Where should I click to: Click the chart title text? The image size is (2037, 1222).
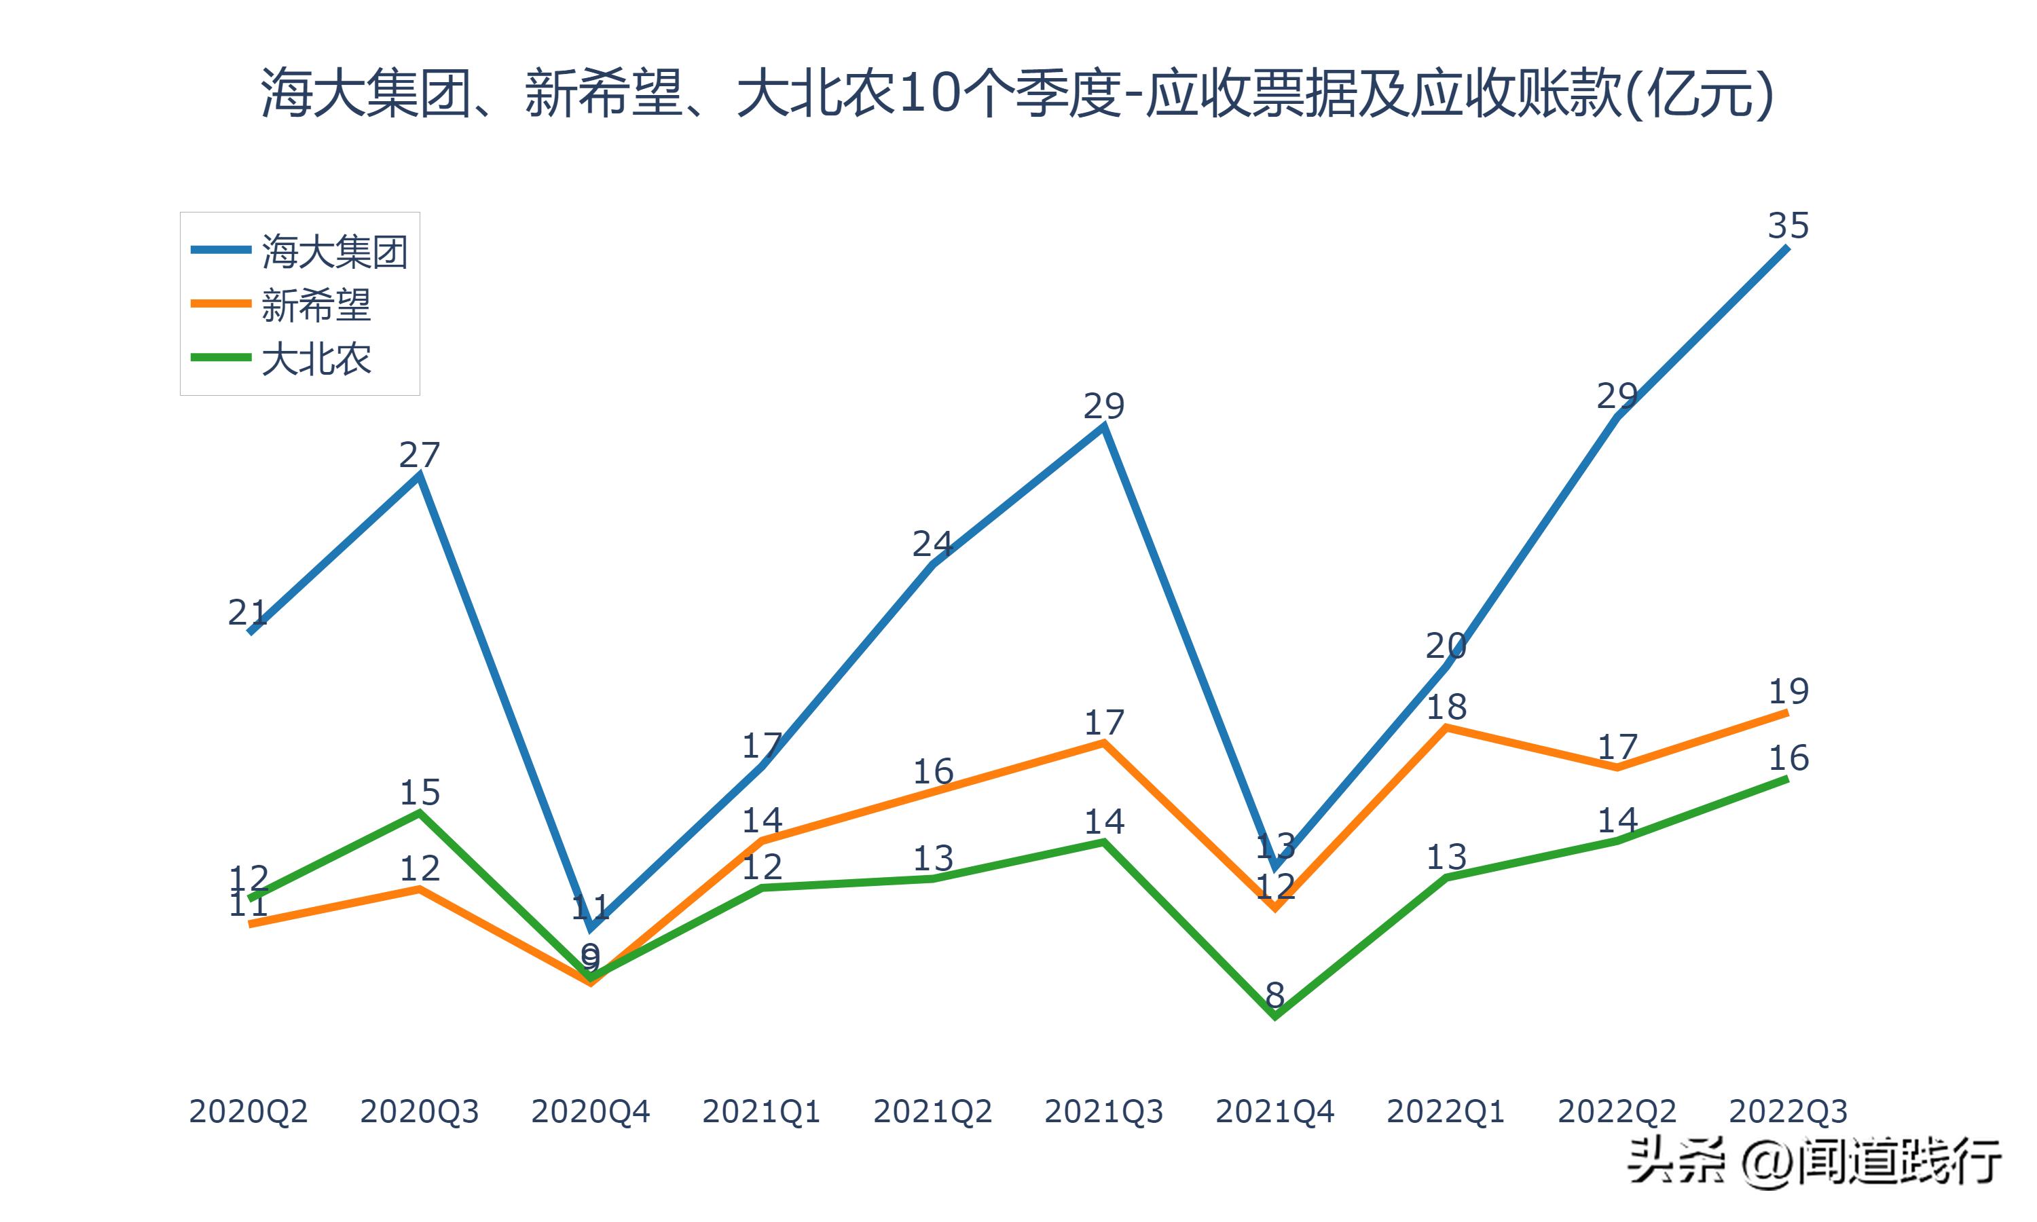(x=1017, y=92)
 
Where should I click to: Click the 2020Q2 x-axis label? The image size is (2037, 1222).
(x=248, y=1111)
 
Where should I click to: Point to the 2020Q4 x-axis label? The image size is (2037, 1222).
(x=590, y=1111)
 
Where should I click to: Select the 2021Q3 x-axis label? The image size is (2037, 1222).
(x=1103, y=1111)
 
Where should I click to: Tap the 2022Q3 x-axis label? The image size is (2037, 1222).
(x=1788, y=1111)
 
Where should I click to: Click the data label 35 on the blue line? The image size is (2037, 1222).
(x=1788, y=225)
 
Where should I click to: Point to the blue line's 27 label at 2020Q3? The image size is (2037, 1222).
(x=419, y=455)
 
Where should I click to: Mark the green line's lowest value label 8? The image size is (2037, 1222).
(x=1274, y=995)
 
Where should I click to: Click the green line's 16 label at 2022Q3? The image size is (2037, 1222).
(x=1788, y=758)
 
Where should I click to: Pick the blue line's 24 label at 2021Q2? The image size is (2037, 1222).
(x=932, y=544)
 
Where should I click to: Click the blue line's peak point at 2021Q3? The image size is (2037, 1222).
(x=1103, y=426)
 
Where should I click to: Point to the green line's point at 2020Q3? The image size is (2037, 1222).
(x=419, y=813)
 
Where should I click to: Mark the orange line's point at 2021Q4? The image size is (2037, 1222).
(x=1274, y=908)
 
